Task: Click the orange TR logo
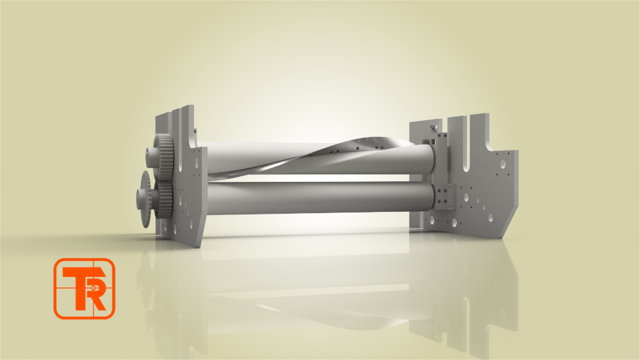tap(84, 289)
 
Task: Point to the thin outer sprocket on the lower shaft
tap(146, 199)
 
